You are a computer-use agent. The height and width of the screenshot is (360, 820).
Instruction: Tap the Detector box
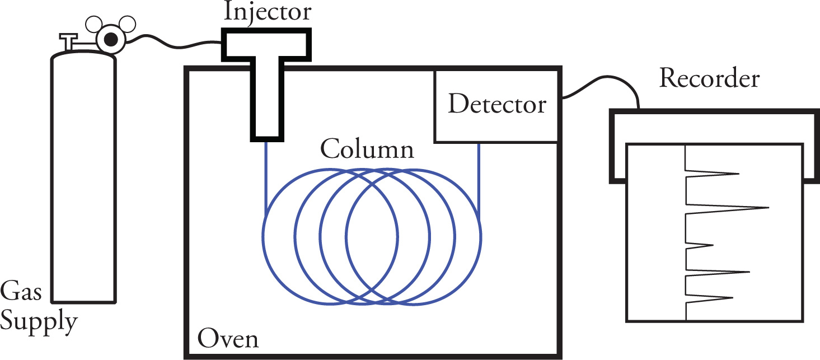tap(497, 105)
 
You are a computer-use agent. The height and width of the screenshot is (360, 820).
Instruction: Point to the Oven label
tap(228, 339)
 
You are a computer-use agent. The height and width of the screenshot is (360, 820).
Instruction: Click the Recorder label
tap(709, 79)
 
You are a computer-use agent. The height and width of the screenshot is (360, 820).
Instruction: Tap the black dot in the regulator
tap(111, 39)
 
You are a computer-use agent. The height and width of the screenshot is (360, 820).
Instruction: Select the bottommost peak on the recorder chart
tap(730, 297)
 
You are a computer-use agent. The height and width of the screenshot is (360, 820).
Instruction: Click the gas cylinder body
tap(84, 179)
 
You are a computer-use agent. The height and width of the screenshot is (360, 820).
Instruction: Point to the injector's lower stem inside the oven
tap(266, 112)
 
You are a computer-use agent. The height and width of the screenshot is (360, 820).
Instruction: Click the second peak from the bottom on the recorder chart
tap(747, 272)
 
